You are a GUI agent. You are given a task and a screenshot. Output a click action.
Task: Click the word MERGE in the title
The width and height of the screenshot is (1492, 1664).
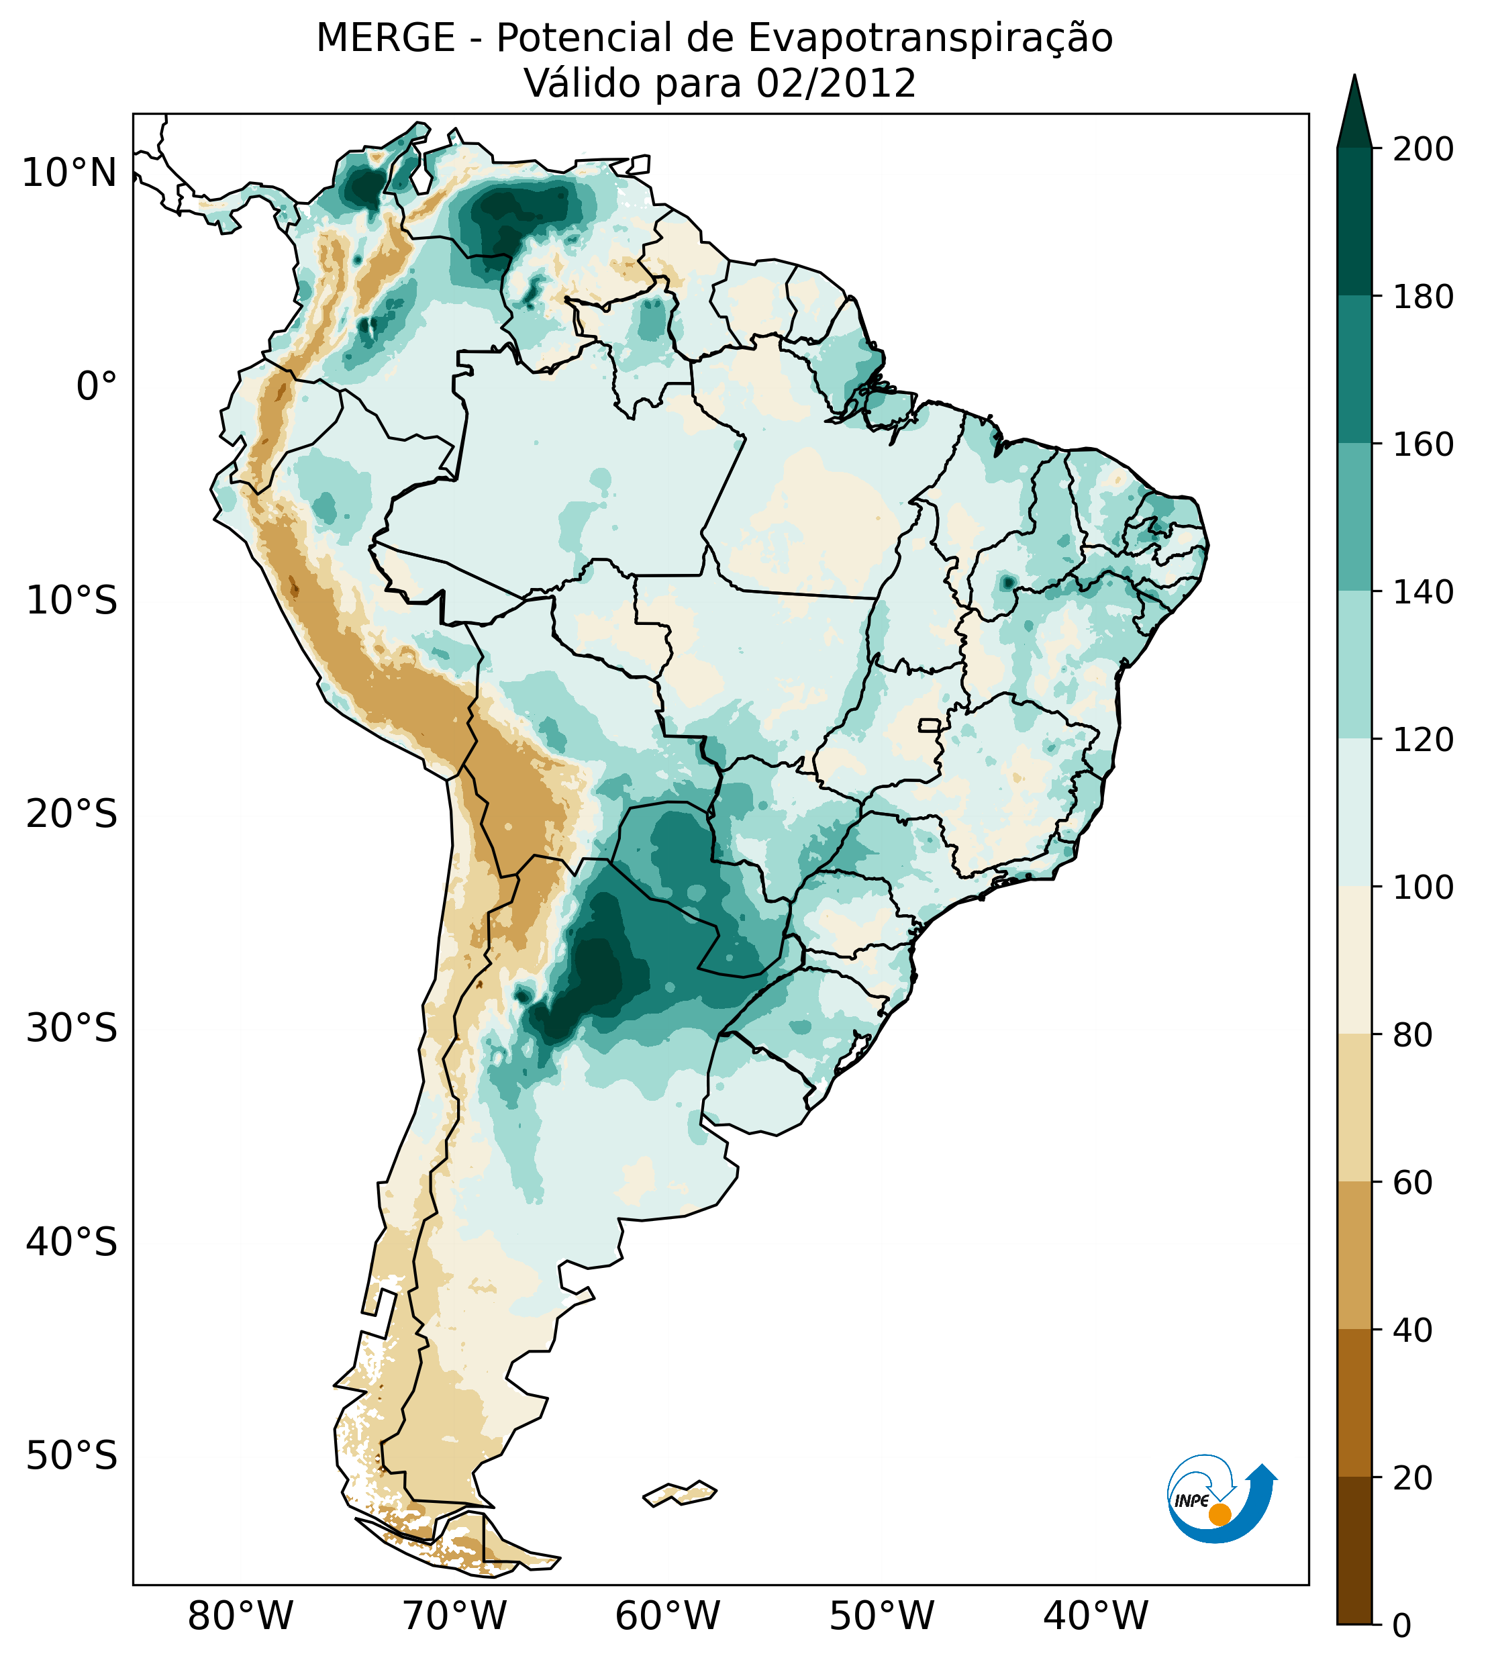385,38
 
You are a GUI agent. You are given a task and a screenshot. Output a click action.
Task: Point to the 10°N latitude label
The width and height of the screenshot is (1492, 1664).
70,174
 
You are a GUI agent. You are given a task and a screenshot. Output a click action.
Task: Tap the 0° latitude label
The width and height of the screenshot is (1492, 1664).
97,387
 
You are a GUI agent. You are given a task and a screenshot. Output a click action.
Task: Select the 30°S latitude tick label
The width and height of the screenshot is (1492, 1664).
72,1029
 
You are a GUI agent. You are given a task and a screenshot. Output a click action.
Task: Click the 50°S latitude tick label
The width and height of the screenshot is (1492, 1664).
72,1457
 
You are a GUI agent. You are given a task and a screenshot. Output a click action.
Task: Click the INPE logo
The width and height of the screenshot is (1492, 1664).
1221,1500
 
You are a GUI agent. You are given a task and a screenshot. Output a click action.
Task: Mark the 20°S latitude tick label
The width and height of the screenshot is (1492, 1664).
72,815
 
